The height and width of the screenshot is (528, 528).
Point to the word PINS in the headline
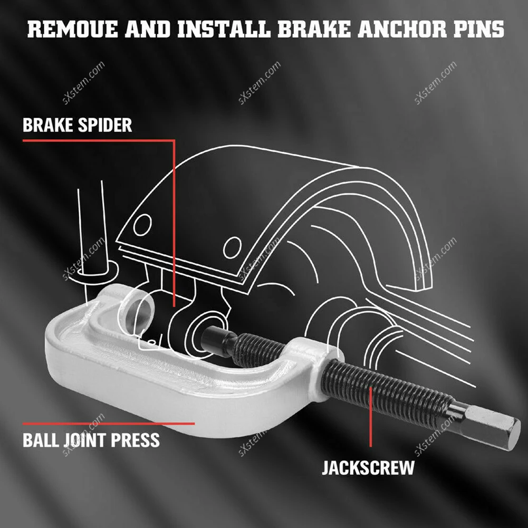[478, 29]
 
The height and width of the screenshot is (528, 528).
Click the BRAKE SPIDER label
[77, 125]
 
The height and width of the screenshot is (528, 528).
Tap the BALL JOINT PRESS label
[91, 439]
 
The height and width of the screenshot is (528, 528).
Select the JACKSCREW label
[368, 467]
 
